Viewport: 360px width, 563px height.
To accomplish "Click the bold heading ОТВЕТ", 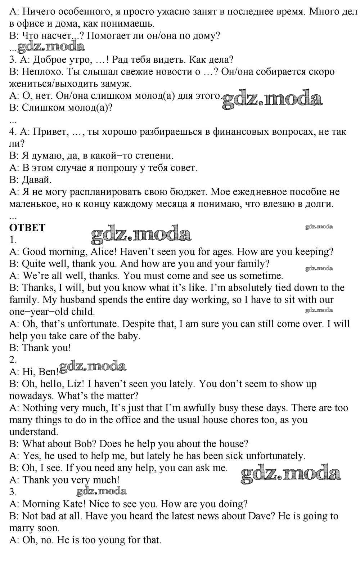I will point(27,228).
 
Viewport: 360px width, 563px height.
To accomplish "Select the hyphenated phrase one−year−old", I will point(52,312).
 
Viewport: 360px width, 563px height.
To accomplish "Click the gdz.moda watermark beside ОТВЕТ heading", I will point(141,234).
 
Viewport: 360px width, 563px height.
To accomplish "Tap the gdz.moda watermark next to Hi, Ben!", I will point(93,367).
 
